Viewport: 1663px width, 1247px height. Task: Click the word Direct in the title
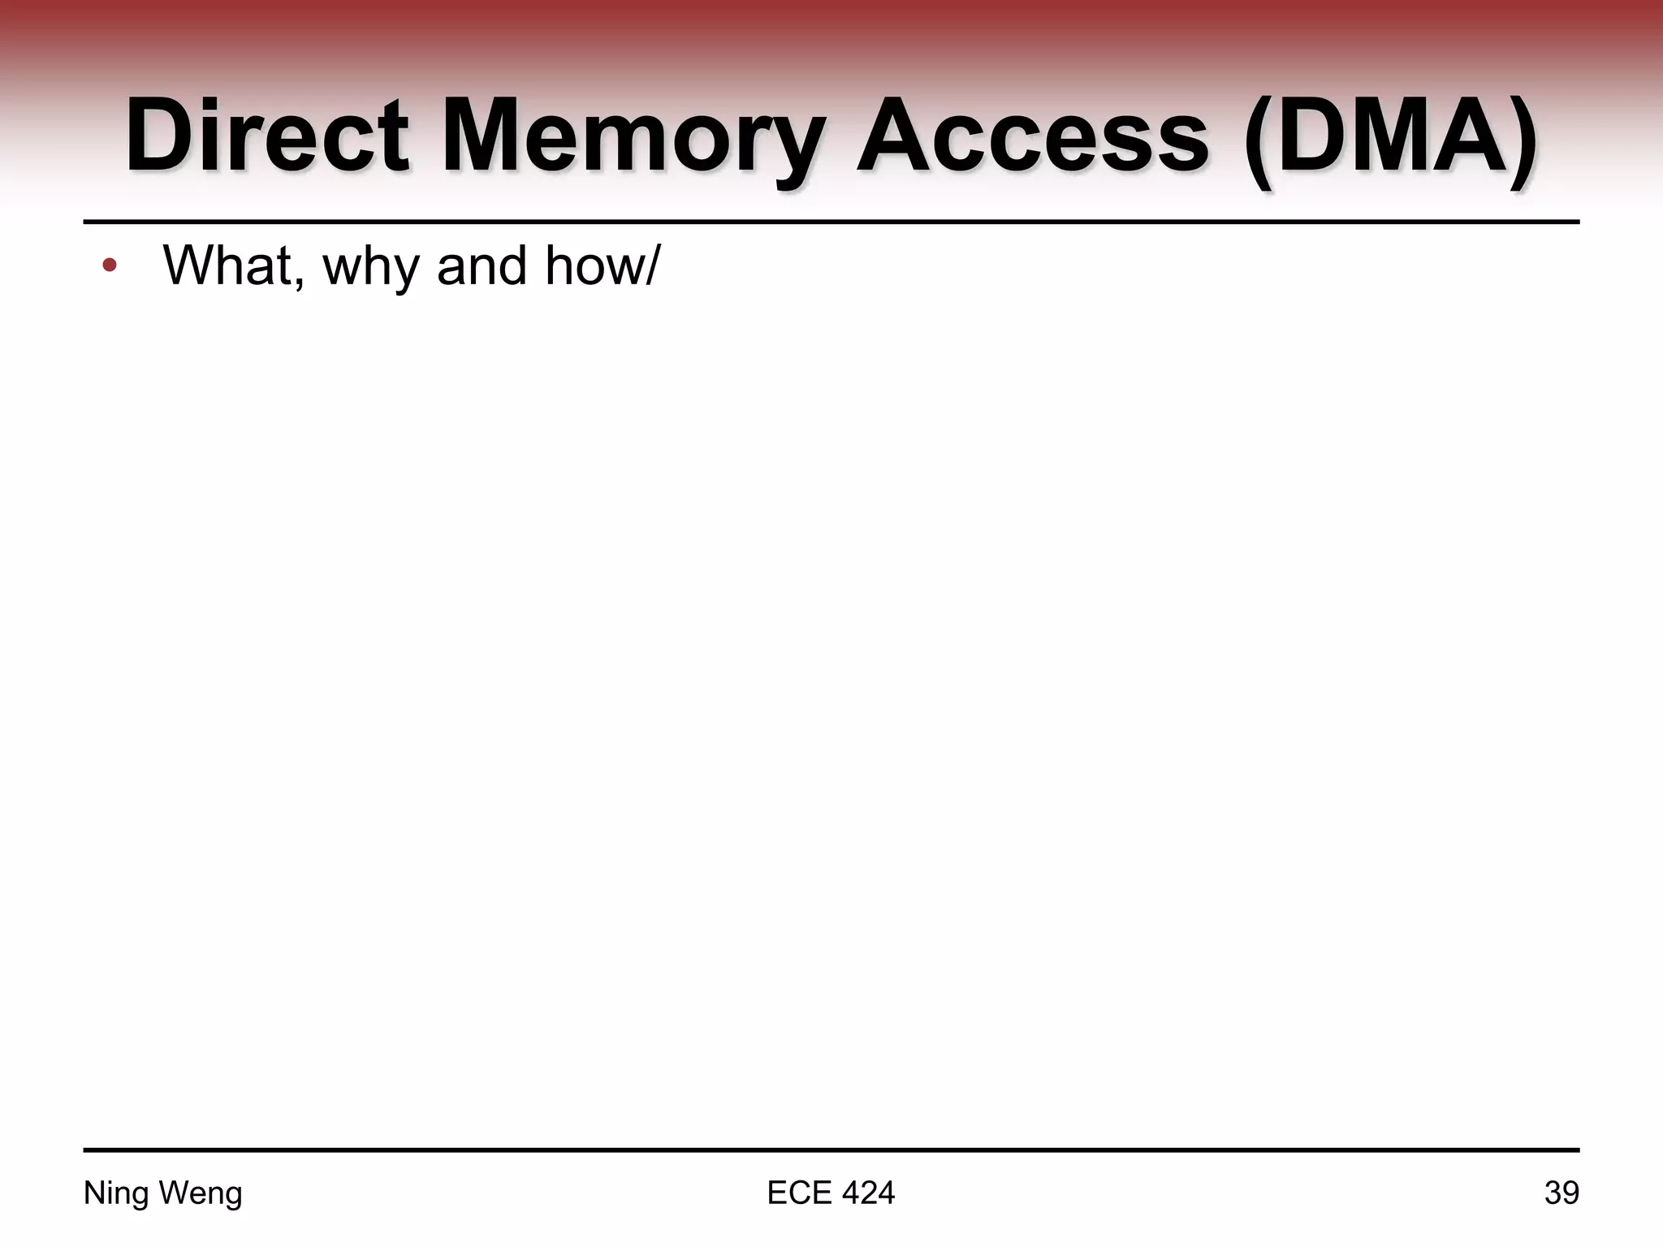tap(266, 136)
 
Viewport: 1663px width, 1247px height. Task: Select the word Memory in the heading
tap(633, 136)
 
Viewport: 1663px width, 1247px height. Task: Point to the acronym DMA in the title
tap(1389, 136)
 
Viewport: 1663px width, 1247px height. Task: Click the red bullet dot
tap(110, 265)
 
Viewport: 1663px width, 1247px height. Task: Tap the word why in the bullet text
tap(372, 268)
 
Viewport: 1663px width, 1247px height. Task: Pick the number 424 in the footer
tap(868, 1193)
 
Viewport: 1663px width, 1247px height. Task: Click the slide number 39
tap(1561, 1193)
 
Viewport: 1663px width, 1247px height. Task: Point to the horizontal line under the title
tap(831, 221)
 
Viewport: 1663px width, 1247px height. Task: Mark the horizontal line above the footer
tap(831, 1150)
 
